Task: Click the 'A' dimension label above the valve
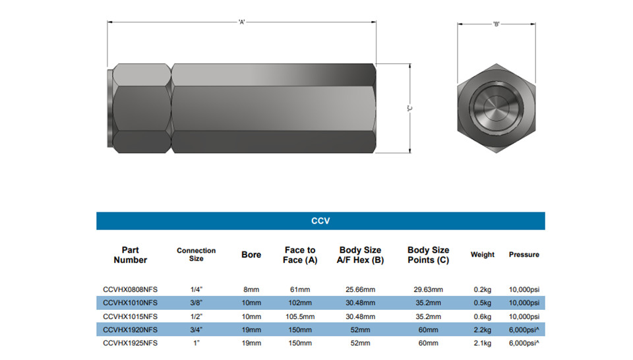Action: click(242, 22)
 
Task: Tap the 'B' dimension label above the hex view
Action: click(496, 24)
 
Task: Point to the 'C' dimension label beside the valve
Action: click(409, 108)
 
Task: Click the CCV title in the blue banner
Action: click(320, 221)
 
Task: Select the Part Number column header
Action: click(131, 255)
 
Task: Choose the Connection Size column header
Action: click(196, 255)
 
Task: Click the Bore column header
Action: click(251, 255)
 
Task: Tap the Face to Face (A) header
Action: click(300, 255)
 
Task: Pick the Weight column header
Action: click(483, 255)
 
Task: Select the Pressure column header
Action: click(524, 255)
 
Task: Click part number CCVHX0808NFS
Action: click(130, 289)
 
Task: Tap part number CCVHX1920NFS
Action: click(130, 330)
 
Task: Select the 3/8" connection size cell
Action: click(196, 303)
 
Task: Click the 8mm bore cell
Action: click(251, 289)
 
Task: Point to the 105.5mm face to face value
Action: click(300, 316)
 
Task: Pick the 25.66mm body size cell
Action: click(360, 289)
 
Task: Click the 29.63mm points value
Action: click(429, 289)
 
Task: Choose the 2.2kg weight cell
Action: click(483, 330)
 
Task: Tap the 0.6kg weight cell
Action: click(483, 316)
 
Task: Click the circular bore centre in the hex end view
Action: click(497, 108)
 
